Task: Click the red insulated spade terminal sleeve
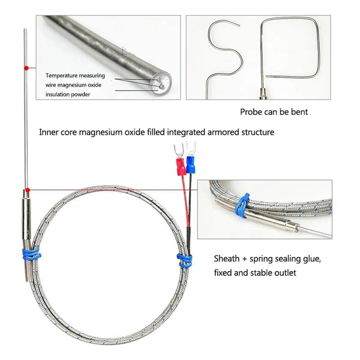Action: click(x=181, y=166)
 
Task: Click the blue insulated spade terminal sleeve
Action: click(x=190, y=164)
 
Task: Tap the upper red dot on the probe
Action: click(x=27, y=68)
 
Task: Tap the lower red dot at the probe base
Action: click(x=27, y=190)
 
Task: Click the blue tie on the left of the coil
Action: click(x=31, y=254)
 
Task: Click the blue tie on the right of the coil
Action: click(x=184, y=261)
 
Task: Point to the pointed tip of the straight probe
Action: click(x=25, y=29)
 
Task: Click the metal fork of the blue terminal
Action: click(x=190, y=148)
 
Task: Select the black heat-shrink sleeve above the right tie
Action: click(x=189, y=241)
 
